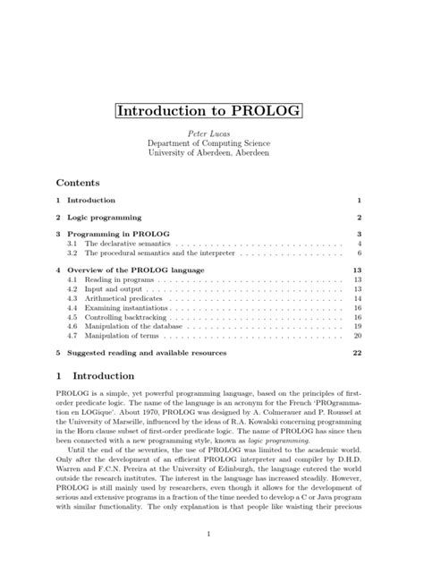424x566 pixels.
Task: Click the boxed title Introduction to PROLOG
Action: (x=208, y=115)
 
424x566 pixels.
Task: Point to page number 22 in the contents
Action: (x=356, y=354)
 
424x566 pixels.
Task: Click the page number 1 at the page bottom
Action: (x=208, y=536)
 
